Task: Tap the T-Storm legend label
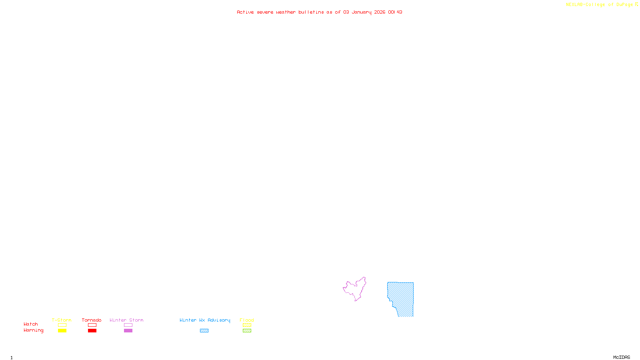coord(62,320)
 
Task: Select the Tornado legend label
coord(92,320)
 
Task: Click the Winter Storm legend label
coord(126,320)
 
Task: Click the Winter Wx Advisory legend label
coord(205,320)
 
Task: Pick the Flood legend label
coord(247,320)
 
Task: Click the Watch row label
coord(31,324)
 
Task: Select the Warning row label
coord(33,330)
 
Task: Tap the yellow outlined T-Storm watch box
coord(62,325)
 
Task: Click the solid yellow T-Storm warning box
coord(62,331)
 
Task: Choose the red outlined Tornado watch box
coord(92,325)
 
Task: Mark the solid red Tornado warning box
coord(92,331)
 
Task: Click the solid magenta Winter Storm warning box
coord(128,331)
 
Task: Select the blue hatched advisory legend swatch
coord(204,331)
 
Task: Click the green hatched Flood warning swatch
coord(247,331)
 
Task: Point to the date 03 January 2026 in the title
coord(364,12)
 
